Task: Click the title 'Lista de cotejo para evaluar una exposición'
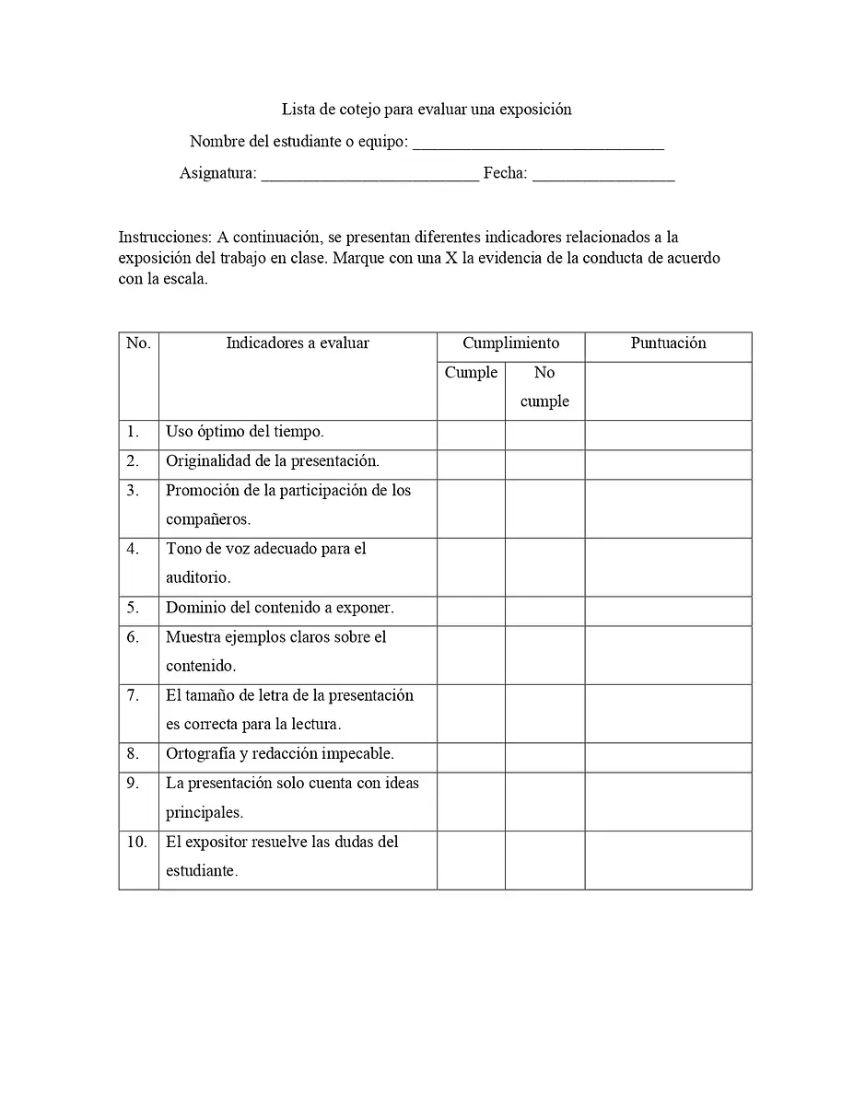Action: [427, 110]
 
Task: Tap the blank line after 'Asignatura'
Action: [369, 175]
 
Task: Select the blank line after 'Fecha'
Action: [603, 175]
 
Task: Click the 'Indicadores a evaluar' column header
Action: [298, 343]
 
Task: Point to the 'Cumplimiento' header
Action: [510, 343]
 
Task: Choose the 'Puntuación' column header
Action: [668, 343]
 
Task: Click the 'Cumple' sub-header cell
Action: [471, 373]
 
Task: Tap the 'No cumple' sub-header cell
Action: [544, 387]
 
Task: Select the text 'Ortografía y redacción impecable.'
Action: [280, 754]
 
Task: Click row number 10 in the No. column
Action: [137, 842]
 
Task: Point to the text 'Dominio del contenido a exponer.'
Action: [280, 608]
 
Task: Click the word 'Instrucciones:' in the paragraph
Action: [166, 238]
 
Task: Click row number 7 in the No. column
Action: [135, 695]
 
